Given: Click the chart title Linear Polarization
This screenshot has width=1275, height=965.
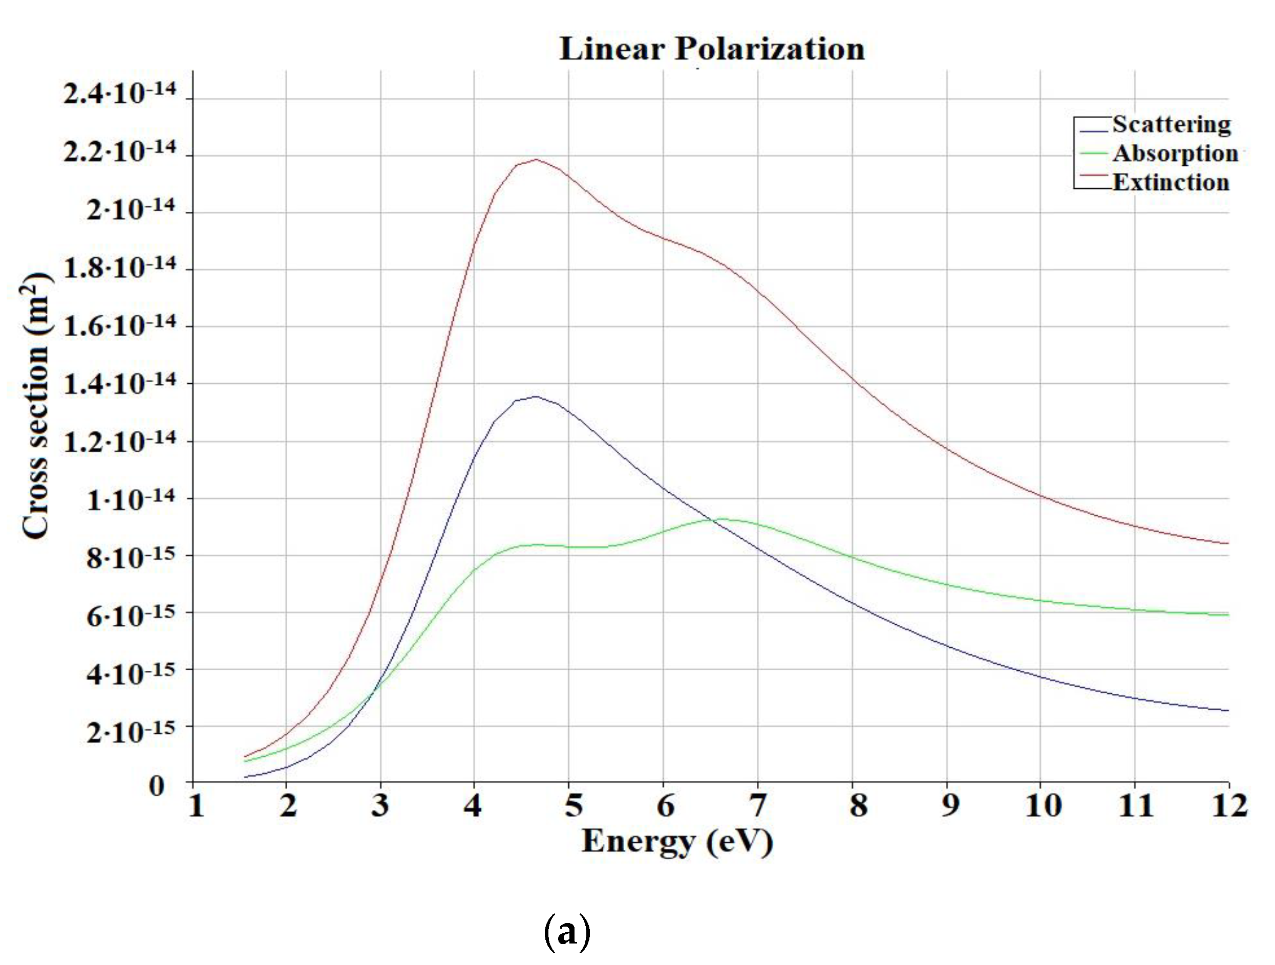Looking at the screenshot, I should point(712,49).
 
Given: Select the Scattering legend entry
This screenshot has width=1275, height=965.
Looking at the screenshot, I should point(1171,124).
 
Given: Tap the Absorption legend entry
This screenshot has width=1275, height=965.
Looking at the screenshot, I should point(1175,153).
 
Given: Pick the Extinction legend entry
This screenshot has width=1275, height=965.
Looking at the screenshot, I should point(1171,183).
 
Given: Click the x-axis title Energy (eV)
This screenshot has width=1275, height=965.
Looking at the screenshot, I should point(677,842).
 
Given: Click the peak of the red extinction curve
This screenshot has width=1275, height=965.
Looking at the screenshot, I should point(537,160).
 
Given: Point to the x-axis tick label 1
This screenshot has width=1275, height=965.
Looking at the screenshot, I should point(196,805).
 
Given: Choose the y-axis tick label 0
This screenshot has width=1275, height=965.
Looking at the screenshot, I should point(156,786).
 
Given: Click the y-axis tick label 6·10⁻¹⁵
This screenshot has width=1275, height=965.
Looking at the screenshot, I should point(130,616).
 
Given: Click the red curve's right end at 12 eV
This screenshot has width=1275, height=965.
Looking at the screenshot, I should point(1228,543).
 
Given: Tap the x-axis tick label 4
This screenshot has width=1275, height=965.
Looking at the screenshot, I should point(473,805).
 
